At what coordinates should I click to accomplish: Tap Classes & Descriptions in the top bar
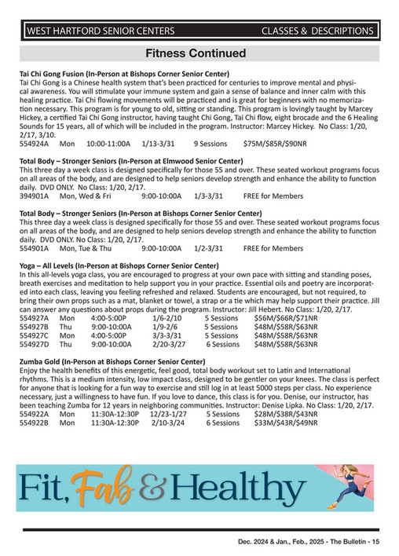point(317,31)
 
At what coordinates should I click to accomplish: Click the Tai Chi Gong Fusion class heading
point(123,74)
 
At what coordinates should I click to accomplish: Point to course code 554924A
point(35,144)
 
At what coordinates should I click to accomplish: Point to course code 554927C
point(35,335)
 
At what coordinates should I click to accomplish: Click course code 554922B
point(35,422)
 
